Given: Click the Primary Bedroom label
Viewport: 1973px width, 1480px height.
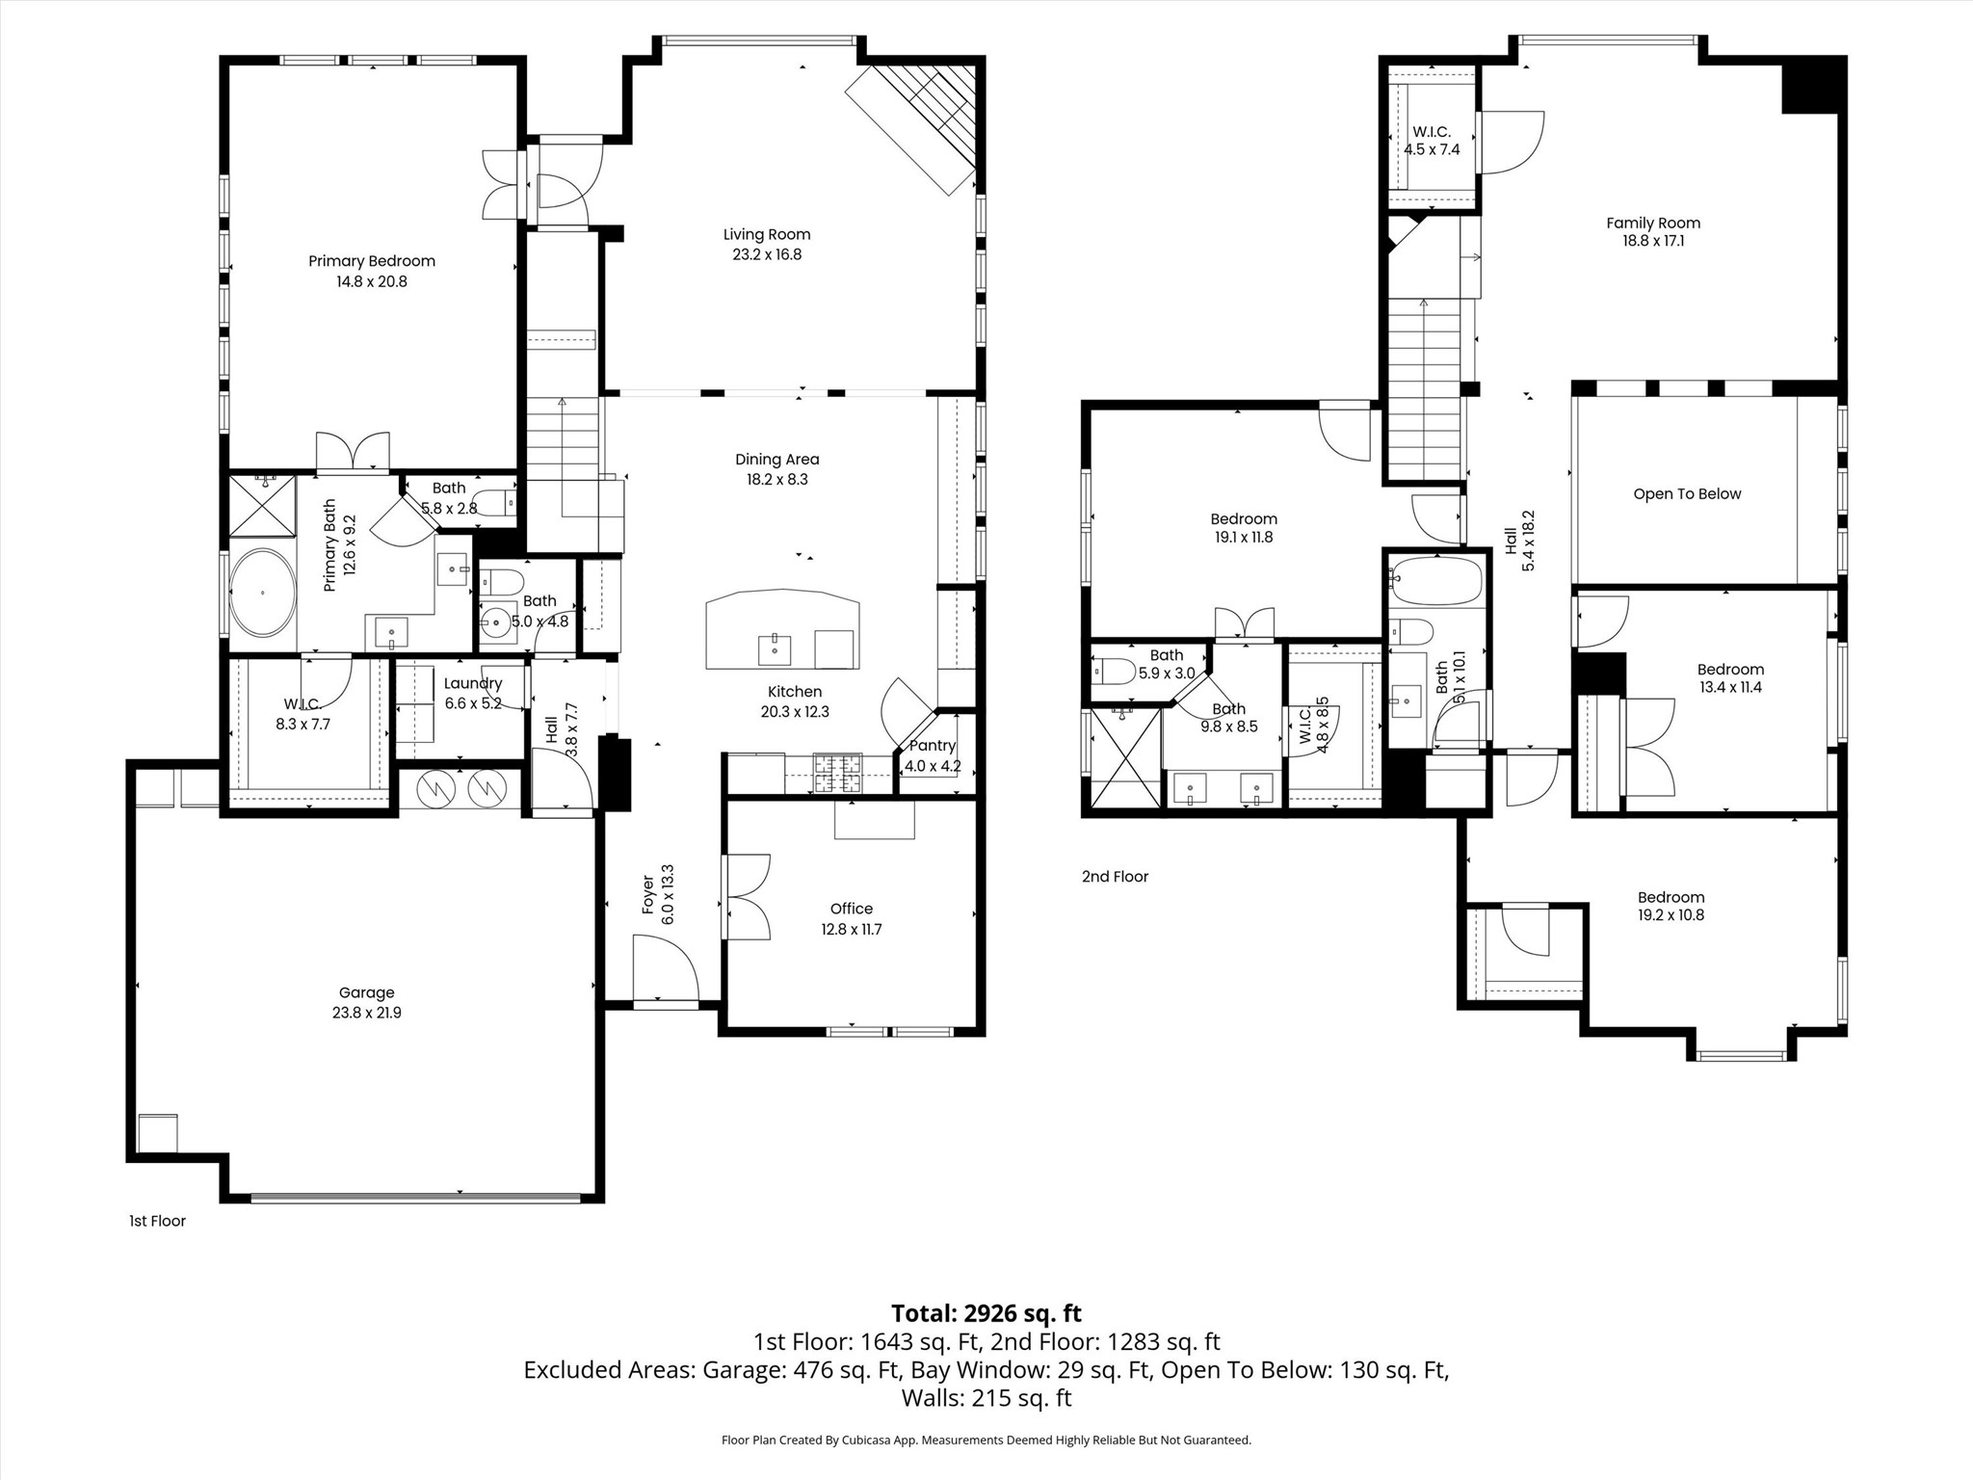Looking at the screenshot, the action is [x=372, y=261].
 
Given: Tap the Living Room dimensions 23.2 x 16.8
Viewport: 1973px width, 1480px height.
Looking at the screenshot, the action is [x=767, y=254].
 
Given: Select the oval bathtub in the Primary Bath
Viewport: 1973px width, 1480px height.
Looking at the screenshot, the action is [x=262, y=593].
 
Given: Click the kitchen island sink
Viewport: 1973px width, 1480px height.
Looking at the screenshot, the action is [x=775, y=649].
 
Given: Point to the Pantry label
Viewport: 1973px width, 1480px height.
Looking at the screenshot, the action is [x=933, y=746].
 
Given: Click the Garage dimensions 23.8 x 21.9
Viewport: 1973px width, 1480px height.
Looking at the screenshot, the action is [x=366, y=1013].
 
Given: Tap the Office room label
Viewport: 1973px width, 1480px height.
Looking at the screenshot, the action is [x=852, y=909].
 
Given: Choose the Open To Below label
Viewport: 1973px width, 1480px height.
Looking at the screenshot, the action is [x=1687, y=494].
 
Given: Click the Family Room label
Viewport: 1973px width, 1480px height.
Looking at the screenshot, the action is [x=1653, y=223].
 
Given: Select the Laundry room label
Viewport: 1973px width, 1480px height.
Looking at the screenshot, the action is [x=473, y=683].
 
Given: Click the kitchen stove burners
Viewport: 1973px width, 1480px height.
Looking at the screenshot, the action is [x=838, y=773].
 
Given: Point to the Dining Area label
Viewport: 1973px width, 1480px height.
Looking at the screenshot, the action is [x=777, y=460].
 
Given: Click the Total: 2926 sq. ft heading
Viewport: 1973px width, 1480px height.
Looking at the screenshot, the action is [x=986, y=1313].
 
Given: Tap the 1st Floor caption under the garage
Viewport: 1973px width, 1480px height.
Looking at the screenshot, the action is [x=157, y=1221].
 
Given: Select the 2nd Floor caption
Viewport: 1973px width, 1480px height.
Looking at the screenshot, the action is [x=1115, y=877].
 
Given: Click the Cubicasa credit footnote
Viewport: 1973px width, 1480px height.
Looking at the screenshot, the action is [x=986, y=1440].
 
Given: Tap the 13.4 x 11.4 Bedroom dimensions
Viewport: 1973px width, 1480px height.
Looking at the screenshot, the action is [x=1730, y=688].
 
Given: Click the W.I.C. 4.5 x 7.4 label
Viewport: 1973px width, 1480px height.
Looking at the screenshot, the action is [x=1432, y=141].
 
